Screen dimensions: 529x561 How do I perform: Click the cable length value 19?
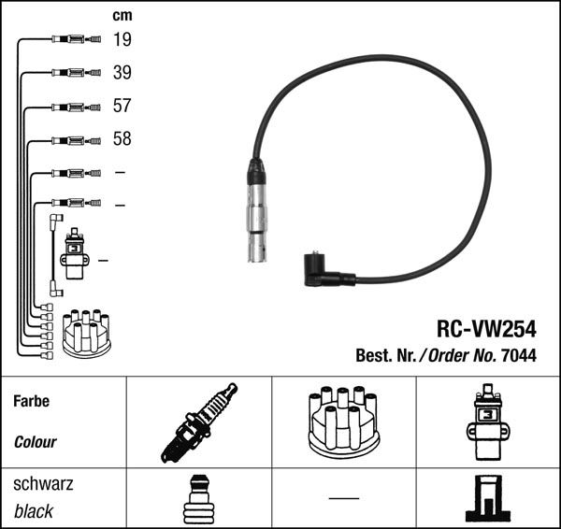pos(122,39)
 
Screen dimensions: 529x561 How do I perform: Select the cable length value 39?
pos(122,73)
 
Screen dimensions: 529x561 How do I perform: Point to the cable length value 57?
pos(122,106)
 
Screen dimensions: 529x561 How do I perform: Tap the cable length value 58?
pos(122,139)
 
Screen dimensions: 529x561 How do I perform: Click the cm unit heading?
pos(122,15)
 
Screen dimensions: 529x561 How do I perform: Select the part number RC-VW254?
pos(486,328)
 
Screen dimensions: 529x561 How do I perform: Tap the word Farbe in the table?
pos(31,401)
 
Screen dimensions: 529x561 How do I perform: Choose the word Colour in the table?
pos(36,442)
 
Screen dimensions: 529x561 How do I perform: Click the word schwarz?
pos(43,485)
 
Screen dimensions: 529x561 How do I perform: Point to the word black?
pos(34,511)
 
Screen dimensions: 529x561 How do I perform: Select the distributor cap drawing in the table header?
pos(344,422)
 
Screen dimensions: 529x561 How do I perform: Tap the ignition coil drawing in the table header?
pos(487,422)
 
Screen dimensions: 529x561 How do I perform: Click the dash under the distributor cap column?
pos(344,497)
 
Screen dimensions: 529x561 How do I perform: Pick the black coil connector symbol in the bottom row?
pos(487,499)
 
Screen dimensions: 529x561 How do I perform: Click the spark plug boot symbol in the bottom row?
pos(198,499)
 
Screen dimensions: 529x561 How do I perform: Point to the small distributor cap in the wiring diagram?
pos(85,333)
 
